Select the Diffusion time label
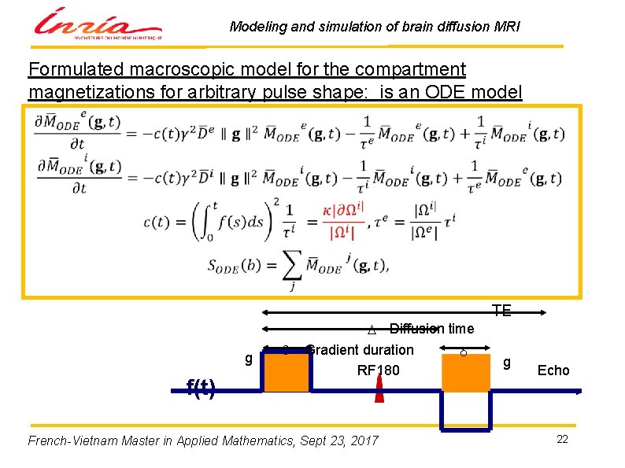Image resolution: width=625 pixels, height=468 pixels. (x=431, y=329)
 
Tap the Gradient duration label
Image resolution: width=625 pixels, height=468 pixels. (x=361, y=349)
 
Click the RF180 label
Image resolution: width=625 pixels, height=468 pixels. (x=379, y=370)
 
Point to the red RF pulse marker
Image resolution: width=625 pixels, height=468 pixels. (x=379, y=391)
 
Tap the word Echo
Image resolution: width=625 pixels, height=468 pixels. (x=553, y=370)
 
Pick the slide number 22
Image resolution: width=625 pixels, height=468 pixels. (x=562, y=439)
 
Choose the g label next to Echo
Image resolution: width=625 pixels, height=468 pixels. (x=507, y=363)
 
